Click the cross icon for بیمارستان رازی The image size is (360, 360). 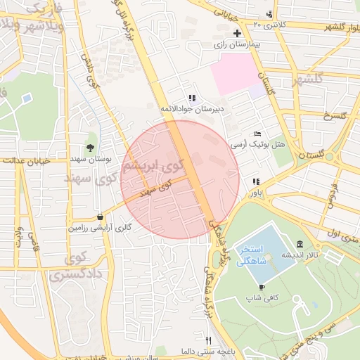(x=237, y=33)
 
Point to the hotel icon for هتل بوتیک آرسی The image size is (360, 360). (x=257, y=134)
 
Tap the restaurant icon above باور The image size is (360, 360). (x=255, y=181)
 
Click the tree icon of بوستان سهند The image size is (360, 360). (x=91, y=147)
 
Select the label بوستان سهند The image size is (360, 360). (x=91, y=158)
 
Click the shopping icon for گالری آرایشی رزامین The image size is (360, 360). (x=101, y=217)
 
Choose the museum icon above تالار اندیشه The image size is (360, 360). (x=299, y=243)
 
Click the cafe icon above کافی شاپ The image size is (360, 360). (x=262, y=287)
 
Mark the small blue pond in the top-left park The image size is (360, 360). (x=27, y=98)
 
